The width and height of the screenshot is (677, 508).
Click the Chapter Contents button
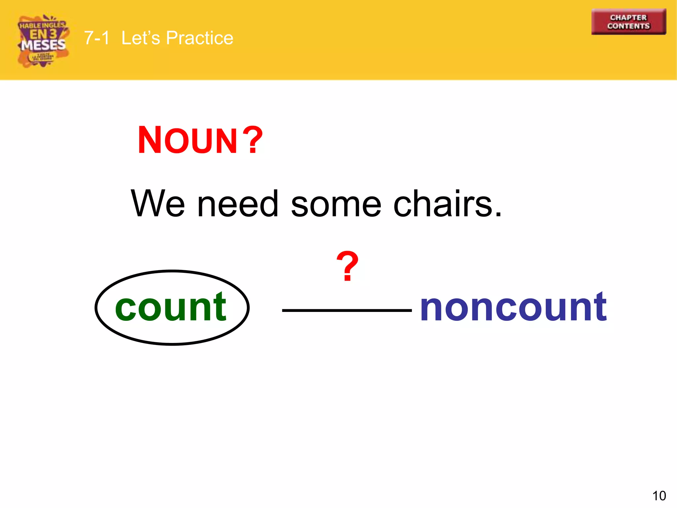(x=628, y=22)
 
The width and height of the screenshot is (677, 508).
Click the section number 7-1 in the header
(x=97, y=38)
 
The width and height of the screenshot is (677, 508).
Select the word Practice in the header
(x=199, y=38)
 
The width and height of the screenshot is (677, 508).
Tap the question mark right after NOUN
(x=253, y=140)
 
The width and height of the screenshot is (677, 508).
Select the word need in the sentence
(x=238, y=204)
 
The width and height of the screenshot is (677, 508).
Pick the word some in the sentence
(x=336, y=204)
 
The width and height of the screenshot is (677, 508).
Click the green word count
(x=171, y=308)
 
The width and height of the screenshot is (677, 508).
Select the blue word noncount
(x=513, y=308)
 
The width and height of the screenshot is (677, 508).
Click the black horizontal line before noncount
(x=347, y=310)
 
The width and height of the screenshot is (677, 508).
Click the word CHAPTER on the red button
(x=628, y=18)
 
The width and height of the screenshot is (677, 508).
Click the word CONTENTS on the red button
(x=628, y=26)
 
